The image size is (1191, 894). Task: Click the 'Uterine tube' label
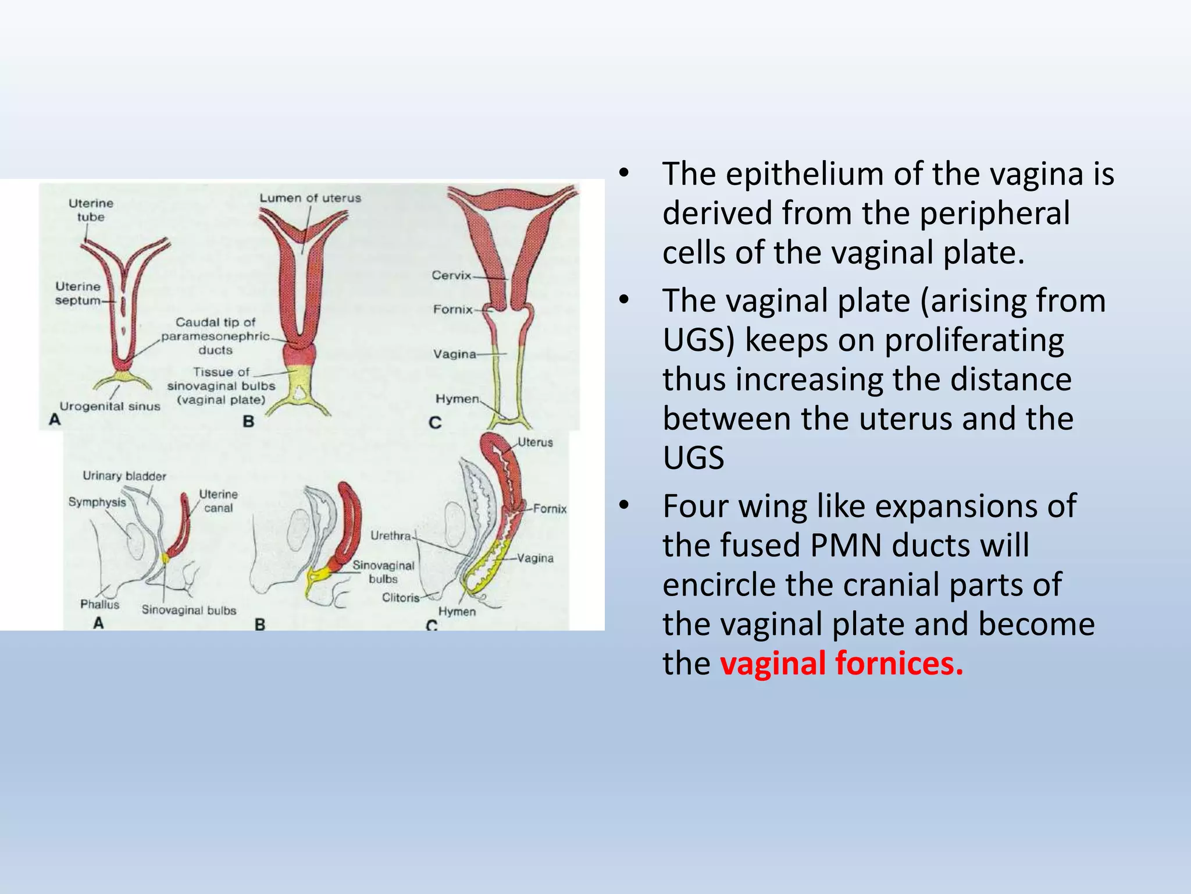tap(91, 210)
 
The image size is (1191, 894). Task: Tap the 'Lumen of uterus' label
tap(310, 198)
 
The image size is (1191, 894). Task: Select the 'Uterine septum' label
tap(78, 293)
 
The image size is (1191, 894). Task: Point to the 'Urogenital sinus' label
tap(110, 406)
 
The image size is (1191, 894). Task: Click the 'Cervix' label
tap(451, 275)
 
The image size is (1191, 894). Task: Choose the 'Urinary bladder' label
tap(124, 476)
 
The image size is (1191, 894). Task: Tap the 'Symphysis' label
tap(97, 502)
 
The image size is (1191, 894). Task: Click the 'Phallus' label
tap(99, 604)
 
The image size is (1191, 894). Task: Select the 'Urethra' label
tap(391, 535)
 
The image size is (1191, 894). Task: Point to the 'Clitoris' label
tap(401, 598)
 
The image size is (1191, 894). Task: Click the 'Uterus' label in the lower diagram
tap(535, 442)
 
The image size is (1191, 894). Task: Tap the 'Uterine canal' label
tap(219, 501)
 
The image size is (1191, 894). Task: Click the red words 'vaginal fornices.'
tap(841, 664)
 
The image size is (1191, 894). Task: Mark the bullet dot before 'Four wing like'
tap(624, 506)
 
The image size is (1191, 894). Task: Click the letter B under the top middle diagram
tap(248, 421)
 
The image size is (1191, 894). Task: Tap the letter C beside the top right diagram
tap(435, 423)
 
